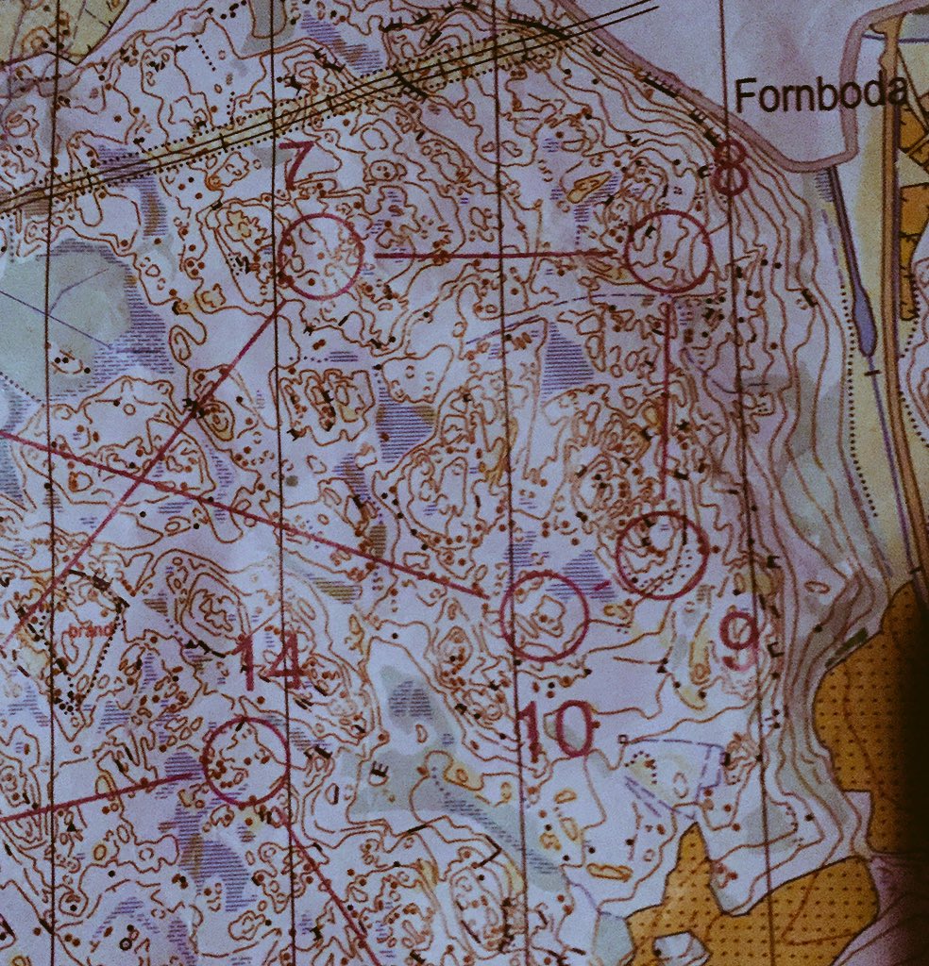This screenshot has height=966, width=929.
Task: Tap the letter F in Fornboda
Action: click(744, 95)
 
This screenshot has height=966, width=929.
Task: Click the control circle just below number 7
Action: click(320, 256)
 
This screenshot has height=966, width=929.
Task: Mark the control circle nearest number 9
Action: click(661, 555)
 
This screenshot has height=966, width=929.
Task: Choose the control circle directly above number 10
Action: click(545, 615)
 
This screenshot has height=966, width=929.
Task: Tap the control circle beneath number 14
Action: click(245, 761)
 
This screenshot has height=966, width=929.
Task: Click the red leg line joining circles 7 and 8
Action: click(491, 254)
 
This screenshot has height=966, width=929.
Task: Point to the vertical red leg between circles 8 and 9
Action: click(667, 396)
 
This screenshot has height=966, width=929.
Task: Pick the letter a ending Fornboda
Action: click(895, 94)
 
